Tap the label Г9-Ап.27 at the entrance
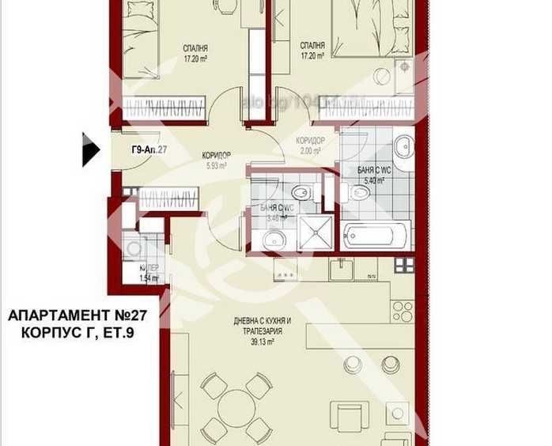tap(149, 149)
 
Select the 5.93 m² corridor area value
tap(217, 166)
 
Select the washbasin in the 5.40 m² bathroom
tap(403, 145)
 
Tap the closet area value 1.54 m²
tap(149, 278)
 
